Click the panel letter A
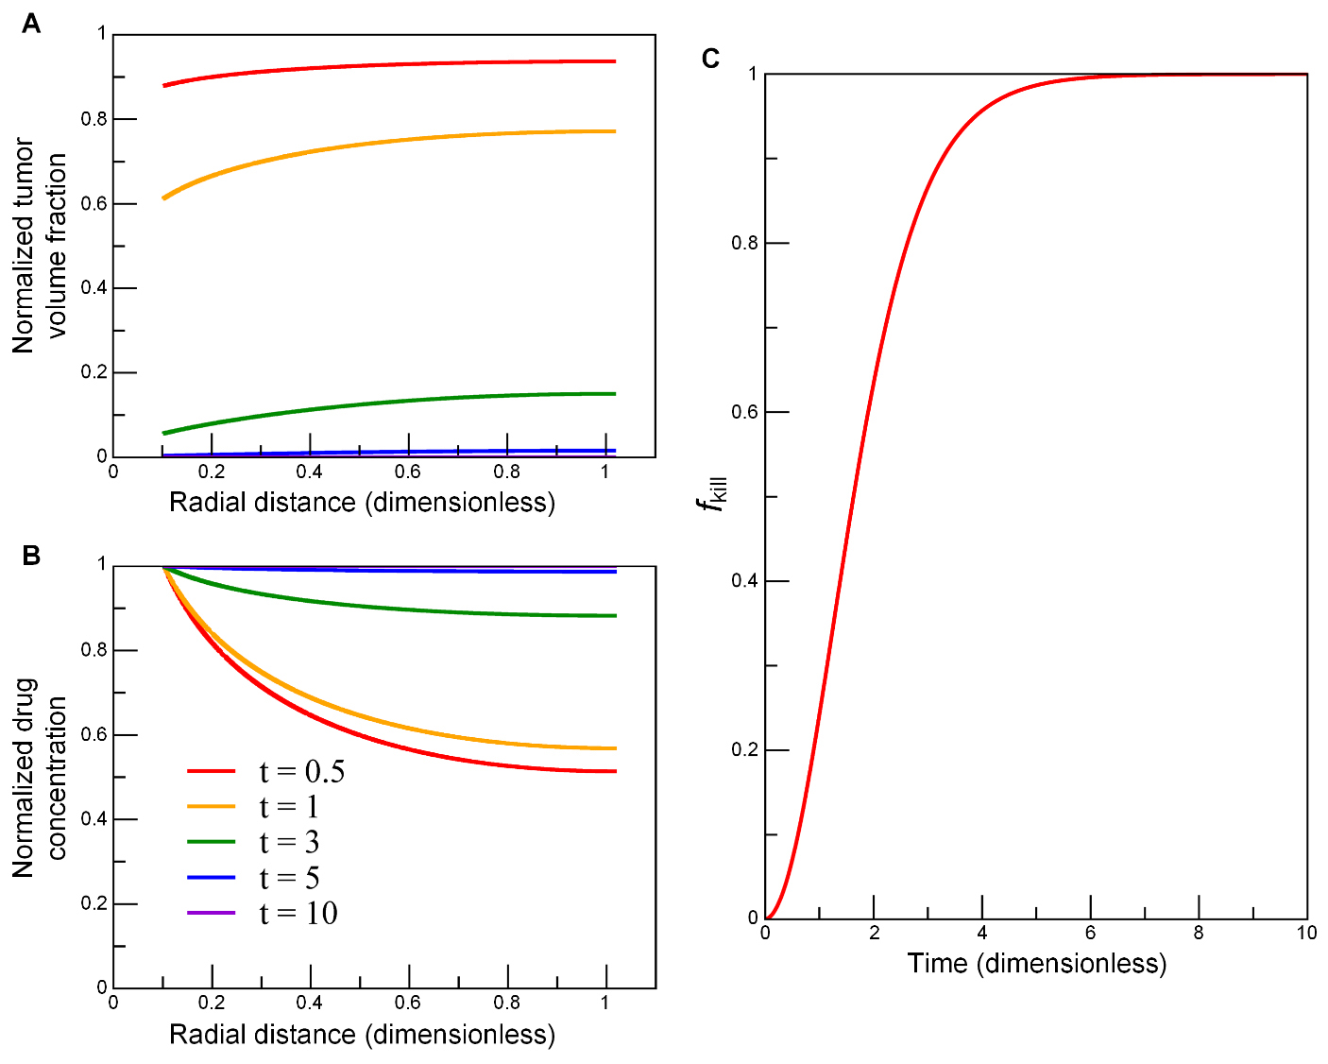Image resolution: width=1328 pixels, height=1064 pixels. [x=31, y=24]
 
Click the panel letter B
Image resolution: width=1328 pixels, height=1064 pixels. [x=31, y=556]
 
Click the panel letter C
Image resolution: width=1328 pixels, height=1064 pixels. [x=711, y=60]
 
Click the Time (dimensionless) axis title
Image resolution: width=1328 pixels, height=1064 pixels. [x=1036, y=963]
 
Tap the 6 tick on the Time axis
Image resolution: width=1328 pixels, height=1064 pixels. [x=1091, y=934]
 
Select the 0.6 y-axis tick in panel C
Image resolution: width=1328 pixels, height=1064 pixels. [x=744, y=412]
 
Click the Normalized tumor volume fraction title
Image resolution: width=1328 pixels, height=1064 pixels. [x=40, y=246]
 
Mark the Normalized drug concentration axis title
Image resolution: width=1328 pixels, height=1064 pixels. [x=40, y=777]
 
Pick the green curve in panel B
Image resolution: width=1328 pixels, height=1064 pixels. [x=378, y=601]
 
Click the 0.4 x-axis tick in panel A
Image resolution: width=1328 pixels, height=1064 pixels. [x=310, y=472]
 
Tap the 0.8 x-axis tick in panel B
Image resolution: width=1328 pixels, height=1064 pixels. [x=507, y=1003]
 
